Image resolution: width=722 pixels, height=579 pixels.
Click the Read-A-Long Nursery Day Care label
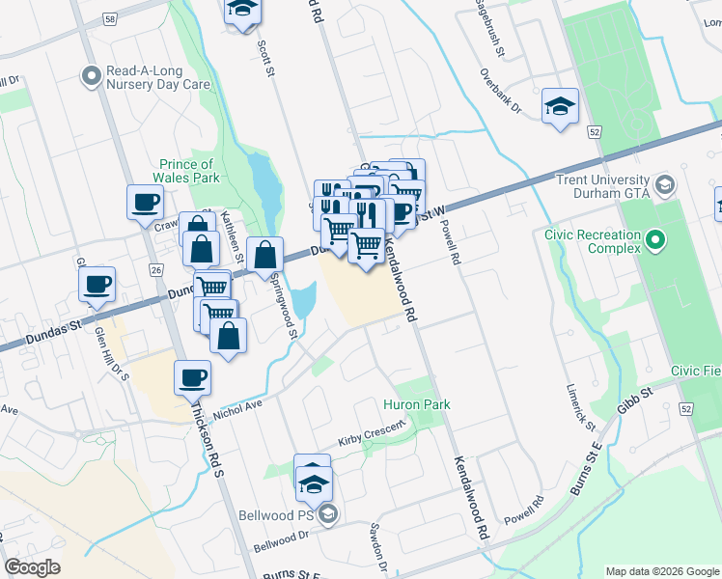point(157,77)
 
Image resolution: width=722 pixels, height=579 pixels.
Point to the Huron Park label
point(417,404)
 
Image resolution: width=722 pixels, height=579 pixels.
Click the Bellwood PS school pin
point(328,514)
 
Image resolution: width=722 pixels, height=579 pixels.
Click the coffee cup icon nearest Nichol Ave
point(192,376)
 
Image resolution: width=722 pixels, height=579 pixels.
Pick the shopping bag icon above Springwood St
point(264,256)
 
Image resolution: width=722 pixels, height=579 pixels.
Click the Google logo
point(32,567)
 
